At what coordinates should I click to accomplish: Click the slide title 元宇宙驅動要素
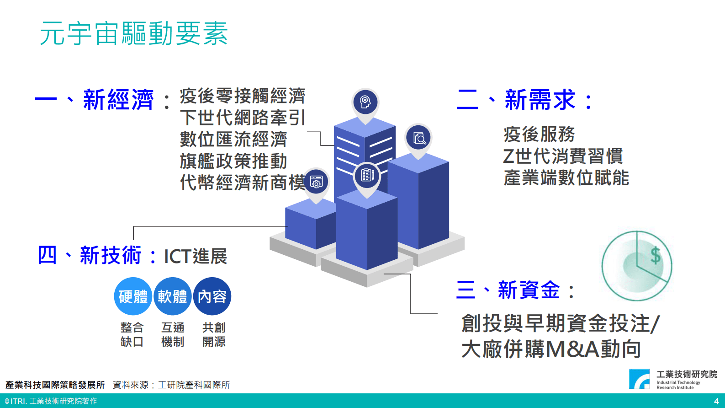pyautogui.click(x=134, y=33)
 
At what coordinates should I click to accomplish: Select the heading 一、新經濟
pyautogui.click(x=94, y=100)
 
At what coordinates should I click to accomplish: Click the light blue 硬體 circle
pyautogui.click(x=133, y=296)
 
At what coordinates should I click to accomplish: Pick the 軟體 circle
pyautogui.click(x=173, y=296)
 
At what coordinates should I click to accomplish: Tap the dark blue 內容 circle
pyautogui.click(x=212, y=296)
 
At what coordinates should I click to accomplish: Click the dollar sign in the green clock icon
pyautogui.click(x=656, y=255)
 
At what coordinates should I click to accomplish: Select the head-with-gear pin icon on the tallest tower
pyautogui.click(x=365, y=102)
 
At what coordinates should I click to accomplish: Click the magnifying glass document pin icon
pyautogui.click(x=418, y=137)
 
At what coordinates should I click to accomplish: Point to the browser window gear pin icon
pyautogui.click(x=316, y=182)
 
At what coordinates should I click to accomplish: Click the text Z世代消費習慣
pyautogui.click(x=563, y=156)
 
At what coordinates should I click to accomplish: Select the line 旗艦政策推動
pyautogui.click(x=233, y=161)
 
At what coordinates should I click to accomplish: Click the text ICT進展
pyautogui.click(x=196, y=256)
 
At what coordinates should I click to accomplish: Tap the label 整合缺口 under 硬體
pyautogui.click(x=132, y=334)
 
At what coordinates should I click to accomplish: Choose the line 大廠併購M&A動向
pyautogui.click(x=551, y=349)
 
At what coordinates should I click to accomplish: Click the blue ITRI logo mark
pyautogui.click(x=639, y=379)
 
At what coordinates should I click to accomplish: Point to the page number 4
pyautogui.click(x=716, y=401)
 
